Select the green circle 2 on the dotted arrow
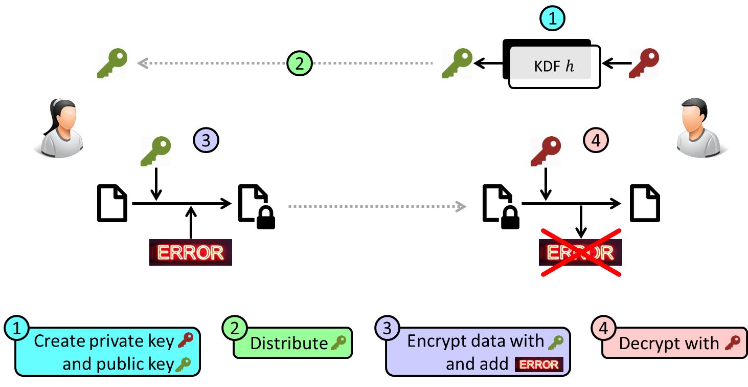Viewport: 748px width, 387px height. coord(299,63)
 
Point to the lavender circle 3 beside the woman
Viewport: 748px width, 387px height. coord(206,140)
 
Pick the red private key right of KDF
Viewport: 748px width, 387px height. coord(644,63)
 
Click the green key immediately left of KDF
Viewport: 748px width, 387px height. coord(457,63)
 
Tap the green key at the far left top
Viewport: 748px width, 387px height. coord(112,63)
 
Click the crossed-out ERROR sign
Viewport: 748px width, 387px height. coord(580,252)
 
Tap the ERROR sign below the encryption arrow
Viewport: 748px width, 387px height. coord(190,252)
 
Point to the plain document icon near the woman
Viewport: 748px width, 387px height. coord(112,204)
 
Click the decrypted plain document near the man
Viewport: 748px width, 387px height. coord(645,204)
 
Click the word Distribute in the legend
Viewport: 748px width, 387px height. coord(288,343)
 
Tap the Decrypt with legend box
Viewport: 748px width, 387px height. coord(674,343)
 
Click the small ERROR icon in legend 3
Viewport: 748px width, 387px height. coord(539,364)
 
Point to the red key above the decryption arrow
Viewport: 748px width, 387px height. coord(546,151)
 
